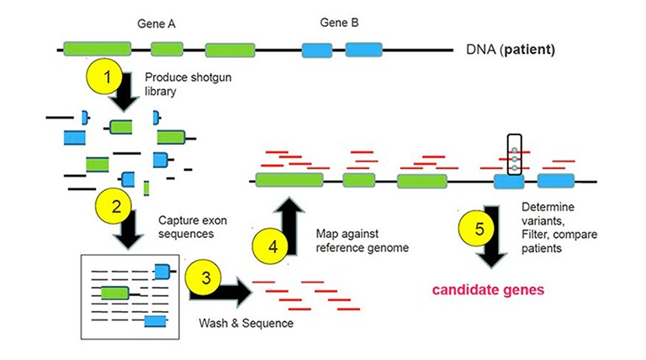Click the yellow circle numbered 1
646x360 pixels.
pyautogui.click(x=107, y=77)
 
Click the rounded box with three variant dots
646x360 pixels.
pyautogui.click(x=510, y=156)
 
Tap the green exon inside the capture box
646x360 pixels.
pyautogui.click(x=114, y=292)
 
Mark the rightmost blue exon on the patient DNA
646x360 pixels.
pyautogui.click(x=363, y=50)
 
